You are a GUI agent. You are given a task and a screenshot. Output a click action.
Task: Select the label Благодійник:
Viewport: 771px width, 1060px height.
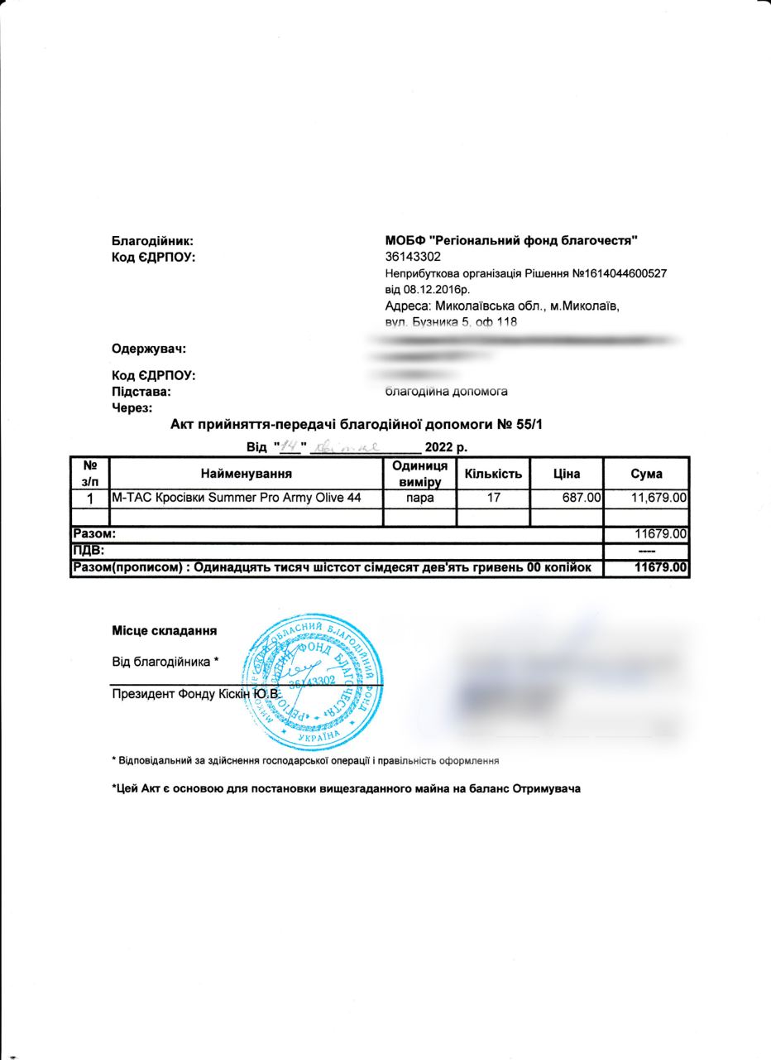click(x=152, y=241)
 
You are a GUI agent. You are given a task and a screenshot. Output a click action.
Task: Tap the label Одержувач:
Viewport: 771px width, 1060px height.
click(x=149, y=347)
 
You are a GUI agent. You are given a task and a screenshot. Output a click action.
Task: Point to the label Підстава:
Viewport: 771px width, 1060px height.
click(x=141, y=391)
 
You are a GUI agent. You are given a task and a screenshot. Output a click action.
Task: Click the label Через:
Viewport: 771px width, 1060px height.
click(x=132, y=407)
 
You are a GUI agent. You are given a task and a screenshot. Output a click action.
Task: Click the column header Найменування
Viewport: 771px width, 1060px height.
click(x=246, y=474)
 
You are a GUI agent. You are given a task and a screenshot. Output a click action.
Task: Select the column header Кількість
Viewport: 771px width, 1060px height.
click(x=493, y=474)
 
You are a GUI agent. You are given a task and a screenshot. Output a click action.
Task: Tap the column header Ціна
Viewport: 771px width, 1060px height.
click(x=566, y=474)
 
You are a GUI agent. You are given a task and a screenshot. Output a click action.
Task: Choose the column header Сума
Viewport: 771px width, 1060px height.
click(x=646, y=474)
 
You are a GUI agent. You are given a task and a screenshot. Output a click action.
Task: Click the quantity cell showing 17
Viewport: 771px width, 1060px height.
click(x=493, y=499)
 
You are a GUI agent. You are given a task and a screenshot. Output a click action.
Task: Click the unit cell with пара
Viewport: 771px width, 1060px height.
click(x=420, y=499)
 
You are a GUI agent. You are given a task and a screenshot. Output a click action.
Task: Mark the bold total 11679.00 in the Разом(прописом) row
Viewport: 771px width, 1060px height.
click(x=659, y=568)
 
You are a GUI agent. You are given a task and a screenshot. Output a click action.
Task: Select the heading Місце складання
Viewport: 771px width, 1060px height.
click(x=165, y=630)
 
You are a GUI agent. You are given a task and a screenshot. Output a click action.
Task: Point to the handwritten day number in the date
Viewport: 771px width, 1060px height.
click(x=290, y=448)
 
